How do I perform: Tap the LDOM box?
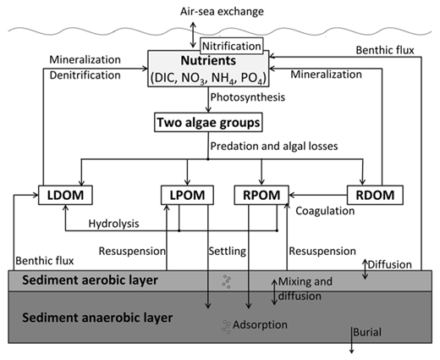point(65,196)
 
